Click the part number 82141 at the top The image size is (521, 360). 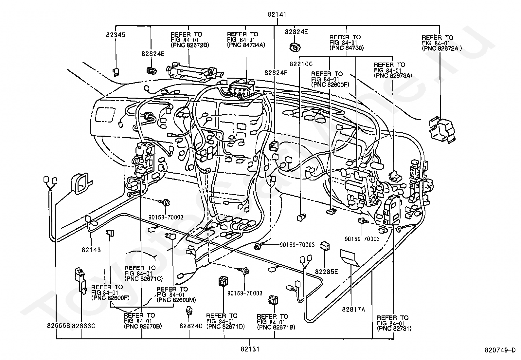277,14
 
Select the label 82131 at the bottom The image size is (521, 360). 250,349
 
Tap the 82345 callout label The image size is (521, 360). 116,35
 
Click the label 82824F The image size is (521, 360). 276,73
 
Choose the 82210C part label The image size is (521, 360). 301,64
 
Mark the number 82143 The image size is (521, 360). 91,250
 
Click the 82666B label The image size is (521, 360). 59,326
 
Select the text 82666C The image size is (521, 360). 83,326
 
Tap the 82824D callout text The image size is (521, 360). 191,326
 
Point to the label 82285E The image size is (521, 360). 327,272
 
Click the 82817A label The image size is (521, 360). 353,310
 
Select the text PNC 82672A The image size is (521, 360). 442,48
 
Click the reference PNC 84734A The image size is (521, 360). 246,45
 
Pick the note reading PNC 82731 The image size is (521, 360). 394,329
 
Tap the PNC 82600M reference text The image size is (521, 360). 176,300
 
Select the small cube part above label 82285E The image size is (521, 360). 325,246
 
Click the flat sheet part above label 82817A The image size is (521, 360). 350,258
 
